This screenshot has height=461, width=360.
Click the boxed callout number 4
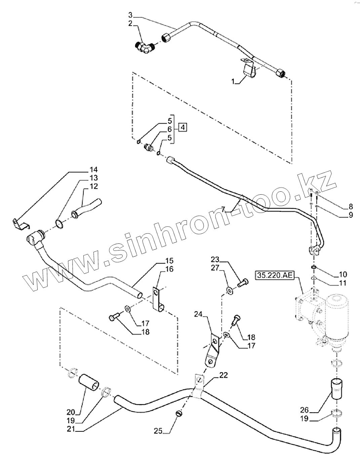pos(182,128)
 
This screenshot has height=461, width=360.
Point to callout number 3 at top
pos(131,15)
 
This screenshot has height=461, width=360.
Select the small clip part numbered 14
pos(20,224)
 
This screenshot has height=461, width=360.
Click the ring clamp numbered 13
pos(59,224)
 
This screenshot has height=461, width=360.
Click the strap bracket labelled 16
pos(157,298)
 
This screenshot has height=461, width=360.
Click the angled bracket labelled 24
pos(212,350)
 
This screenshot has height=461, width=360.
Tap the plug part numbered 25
pos(179,414)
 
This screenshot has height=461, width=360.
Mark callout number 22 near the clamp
pos(224,375)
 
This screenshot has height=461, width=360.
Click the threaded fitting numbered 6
pos(148,147)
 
